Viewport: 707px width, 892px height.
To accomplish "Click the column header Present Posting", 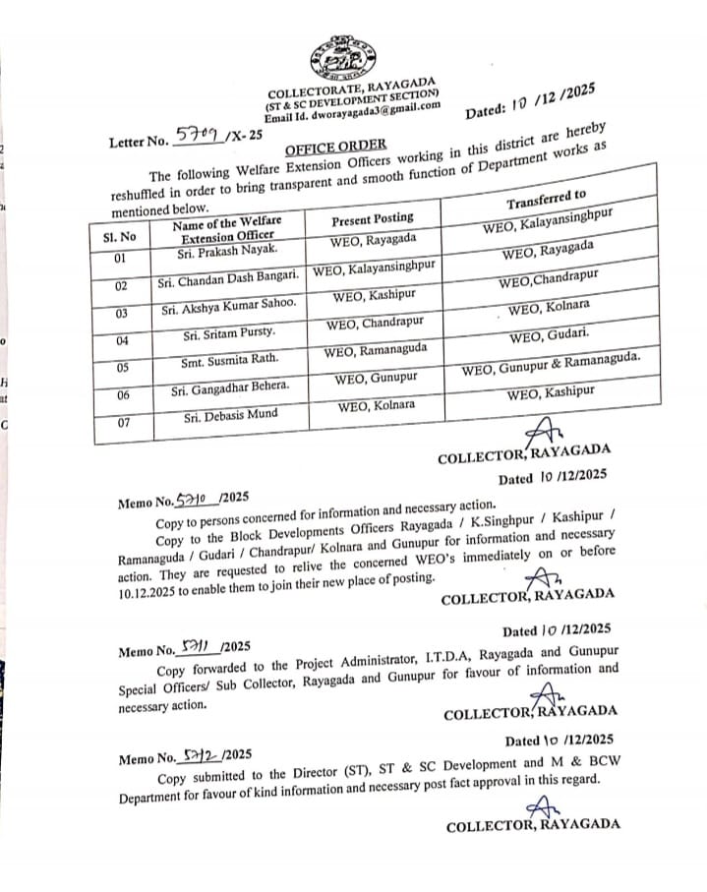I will coord(372,217).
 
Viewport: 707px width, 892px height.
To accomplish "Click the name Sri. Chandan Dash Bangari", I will coord(229,282).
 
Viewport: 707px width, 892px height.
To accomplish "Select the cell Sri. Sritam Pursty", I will coord(222,334).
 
